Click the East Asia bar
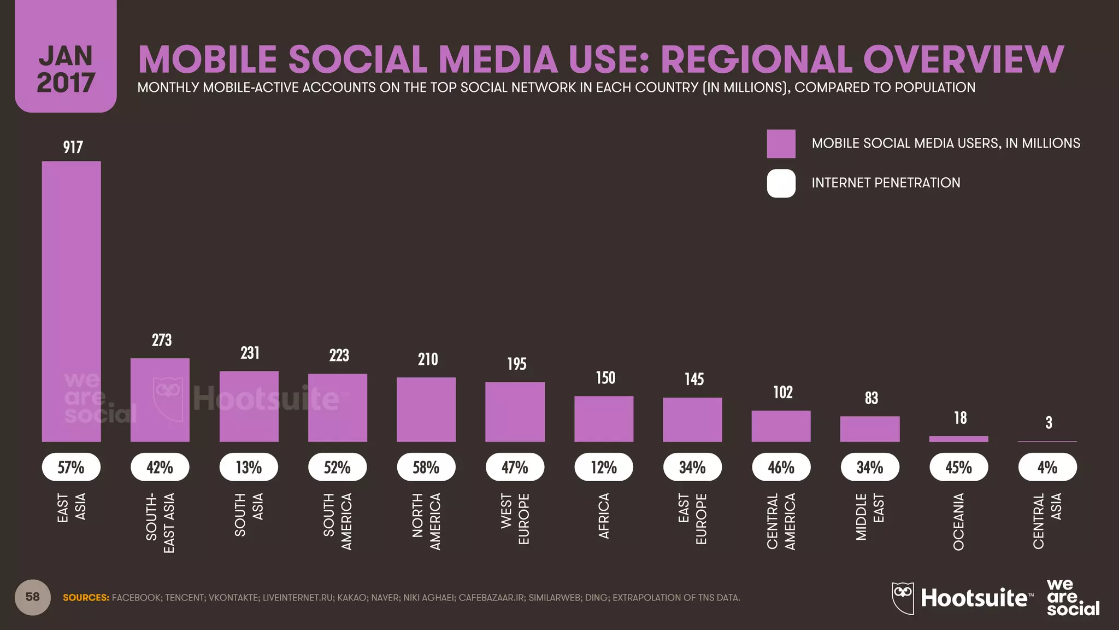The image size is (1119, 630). [72, 301]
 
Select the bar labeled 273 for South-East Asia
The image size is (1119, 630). [160, 400]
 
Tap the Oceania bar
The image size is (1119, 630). [958, 439]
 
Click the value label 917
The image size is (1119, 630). [73, 147]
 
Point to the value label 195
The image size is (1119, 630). [516, 364]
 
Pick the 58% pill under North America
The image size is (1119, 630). [426, 467]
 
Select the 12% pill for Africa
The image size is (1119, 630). [604, 467]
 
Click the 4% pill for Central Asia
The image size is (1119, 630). [1047, 467]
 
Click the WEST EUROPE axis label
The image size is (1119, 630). [515, 518]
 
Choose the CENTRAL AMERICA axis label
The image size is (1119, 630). [781, 521]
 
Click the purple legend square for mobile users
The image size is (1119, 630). [781, 144]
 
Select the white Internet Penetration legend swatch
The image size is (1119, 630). [781, 183]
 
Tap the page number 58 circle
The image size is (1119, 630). [33, 597]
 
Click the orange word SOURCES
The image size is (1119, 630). [86, 598]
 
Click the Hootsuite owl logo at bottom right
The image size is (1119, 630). [903, 598]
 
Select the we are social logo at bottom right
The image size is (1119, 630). [1072, 598]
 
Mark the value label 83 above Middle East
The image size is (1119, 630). [871, 398]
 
